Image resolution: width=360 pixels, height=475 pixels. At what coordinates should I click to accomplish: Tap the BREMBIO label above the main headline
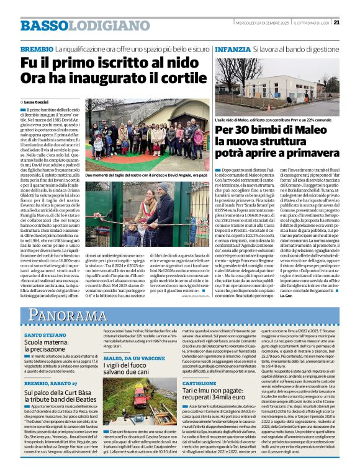pos(37,48)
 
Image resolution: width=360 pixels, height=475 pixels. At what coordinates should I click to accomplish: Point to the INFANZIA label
pos(233,48)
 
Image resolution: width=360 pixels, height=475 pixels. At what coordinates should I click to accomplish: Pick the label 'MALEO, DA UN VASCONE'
pos(126,358)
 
